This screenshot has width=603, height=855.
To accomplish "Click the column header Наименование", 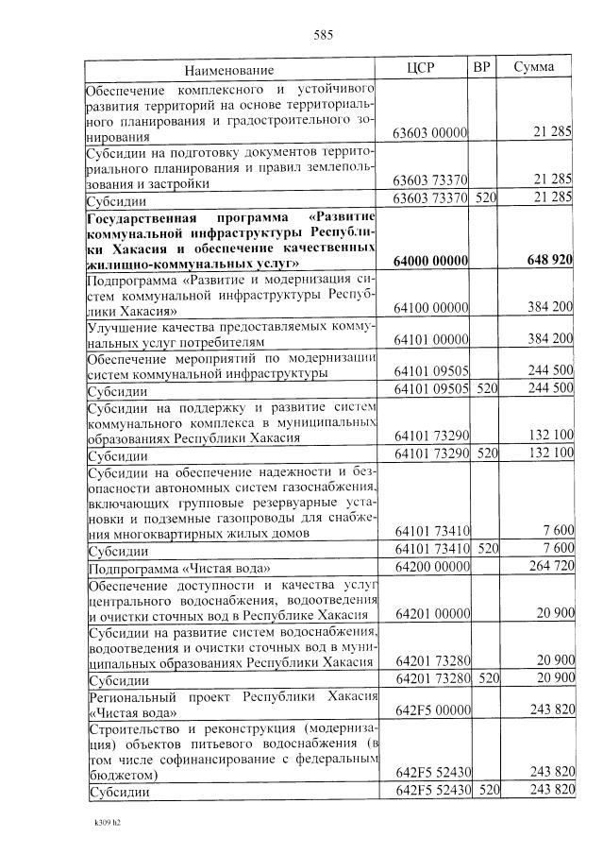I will point(229,70).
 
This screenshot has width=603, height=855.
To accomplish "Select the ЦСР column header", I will point(420,68).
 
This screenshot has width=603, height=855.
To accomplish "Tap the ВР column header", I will point(482,68).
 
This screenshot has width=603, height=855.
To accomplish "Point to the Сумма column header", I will point(533,68).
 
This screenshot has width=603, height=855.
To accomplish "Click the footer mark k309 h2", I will point(108,821).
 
